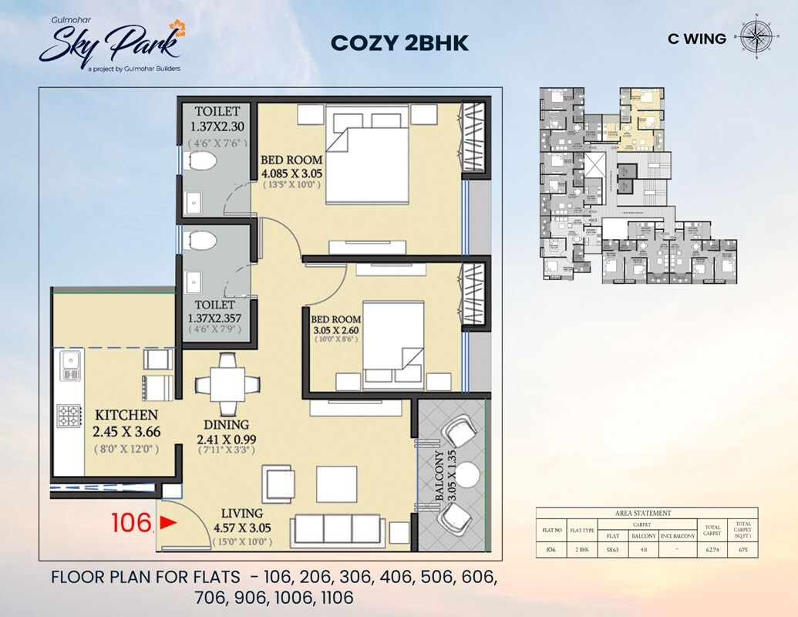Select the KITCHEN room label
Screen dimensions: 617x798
point(126,415)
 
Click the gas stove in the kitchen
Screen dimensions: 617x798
point(69,416)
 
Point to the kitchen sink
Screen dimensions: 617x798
point(70,365)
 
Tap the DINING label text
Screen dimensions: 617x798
point(226,424)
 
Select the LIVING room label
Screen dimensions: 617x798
point(241,513)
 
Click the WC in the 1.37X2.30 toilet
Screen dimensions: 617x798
point(202,163)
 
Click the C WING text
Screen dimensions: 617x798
point(697,39)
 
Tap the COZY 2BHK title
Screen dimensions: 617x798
point(399,43)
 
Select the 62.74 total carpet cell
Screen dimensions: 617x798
point(712,550)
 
